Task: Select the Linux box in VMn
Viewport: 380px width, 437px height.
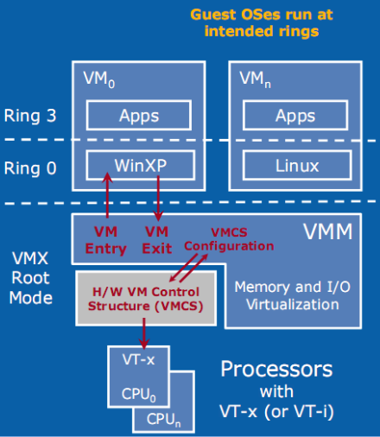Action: pos(296,165)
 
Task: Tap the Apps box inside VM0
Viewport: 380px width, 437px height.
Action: pos(133,115)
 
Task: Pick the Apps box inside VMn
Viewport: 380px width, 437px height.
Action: pos(296,115)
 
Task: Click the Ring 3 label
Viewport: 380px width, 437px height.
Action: pos(31,117)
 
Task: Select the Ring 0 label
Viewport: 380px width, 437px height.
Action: pos(31,168)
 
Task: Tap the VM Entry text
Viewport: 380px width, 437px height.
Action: pos(104,239)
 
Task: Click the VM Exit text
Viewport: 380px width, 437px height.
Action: pos(157,239)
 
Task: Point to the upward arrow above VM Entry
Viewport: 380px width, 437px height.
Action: pos(107,195)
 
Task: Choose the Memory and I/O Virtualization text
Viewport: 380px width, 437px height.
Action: pos(294,293)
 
